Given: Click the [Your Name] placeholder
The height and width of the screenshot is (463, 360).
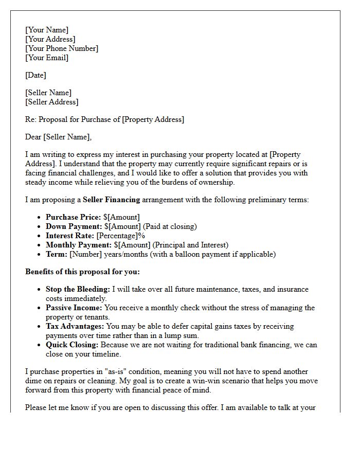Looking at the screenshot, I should coord(47,30).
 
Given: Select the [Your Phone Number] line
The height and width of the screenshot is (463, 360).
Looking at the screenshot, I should coord(62,48).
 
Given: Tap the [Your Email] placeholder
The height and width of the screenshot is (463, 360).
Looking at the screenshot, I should coord(47,58).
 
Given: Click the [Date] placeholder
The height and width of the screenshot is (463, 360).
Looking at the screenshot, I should coord(35,75).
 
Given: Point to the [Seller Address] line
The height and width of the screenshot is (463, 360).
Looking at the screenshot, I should coord(52,102).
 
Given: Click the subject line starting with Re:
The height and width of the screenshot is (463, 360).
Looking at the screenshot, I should coord(104,119).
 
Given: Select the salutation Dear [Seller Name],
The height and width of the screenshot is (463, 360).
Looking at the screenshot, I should coord(58,137).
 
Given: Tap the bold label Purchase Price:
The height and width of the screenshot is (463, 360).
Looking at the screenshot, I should coord(73,217).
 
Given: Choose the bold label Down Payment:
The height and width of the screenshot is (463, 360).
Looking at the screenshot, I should coord(74,226).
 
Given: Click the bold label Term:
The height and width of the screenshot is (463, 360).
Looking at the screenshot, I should coord(57,254).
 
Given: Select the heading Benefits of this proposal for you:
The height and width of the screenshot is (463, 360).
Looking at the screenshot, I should coord(82,272).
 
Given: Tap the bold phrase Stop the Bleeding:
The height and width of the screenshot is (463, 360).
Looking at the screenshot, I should coord(77,289).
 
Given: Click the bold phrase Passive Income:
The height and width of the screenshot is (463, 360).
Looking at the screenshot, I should coord(74,308).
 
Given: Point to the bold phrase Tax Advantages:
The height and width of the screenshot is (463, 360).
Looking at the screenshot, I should coord(75,326).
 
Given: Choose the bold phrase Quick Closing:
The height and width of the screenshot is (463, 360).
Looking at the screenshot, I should coord(72,345).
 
